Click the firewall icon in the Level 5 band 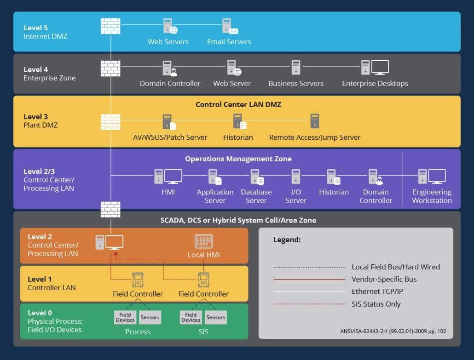coord(110,26)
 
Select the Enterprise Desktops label coord(375,84)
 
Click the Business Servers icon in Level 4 coord(295,68)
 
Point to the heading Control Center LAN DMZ coord(238,104)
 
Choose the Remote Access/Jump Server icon coord(315,121)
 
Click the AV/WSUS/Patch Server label coord(170,137)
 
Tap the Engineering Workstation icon coord(432,177)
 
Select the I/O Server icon coord(296,177)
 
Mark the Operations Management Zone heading coord(238,159)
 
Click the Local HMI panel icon coord(203,242)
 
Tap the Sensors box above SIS coord(215,317)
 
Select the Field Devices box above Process coord(125,317)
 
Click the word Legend coord(287,240)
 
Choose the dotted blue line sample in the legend coord(309,267)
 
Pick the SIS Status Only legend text coord(376,304)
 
